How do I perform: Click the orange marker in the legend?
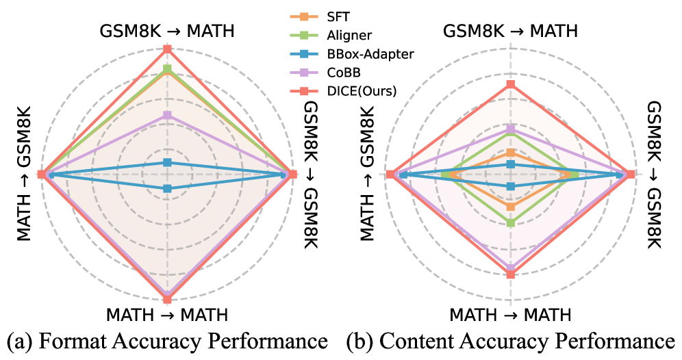pyautogui.click(x=304, y=16)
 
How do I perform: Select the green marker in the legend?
pyautogui.click(x=304, y=35)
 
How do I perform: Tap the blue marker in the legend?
pyautogui.click(x=304, y=53)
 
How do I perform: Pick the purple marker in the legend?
pyautogui.click(x=304, y=72)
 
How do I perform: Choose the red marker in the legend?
pyautogui.click(x=304, y=91)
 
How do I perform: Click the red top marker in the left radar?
pyautogui.click(x=167, y=49)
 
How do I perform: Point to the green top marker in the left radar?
pyautogui.click(x=167, y=68)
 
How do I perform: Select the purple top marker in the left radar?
pyautogui.click(x=167, y=115)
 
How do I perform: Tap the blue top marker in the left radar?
pyautogui.click(x=167, y=162)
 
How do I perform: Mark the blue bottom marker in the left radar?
pyautogui.click(x=167, y=188)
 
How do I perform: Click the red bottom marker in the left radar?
pyautogui.click(x=167, y=299)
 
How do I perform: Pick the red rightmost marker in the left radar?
pyautogui.click(x=293, y=174)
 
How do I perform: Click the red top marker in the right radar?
pyautogui.click(x=510, y=84)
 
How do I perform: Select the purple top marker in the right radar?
pyautogui.click(x=510, y=128)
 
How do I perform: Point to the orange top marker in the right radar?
pyautogui.click(x=510, y=153)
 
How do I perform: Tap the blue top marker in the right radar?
pyautogui.click(x=510, y=164)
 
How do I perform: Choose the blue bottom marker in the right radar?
pyautogui.click(x=510, y=186)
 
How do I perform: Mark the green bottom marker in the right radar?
pyautogui.click(x=510, y=222)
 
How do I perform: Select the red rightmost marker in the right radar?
pyautogui.click(x=631, y=174)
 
